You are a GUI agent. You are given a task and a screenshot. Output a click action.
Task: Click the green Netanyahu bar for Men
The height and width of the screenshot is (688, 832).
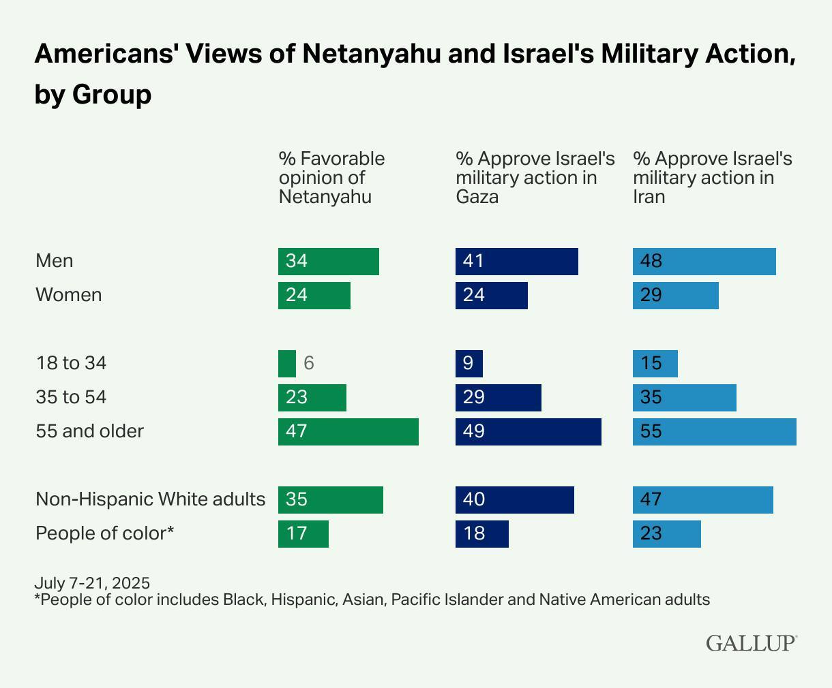329,262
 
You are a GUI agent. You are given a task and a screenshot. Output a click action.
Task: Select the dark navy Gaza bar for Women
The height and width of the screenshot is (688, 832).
492,296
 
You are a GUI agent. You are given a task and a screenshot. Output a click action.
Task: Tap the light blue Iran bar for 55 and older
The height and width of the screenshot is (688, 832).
715,432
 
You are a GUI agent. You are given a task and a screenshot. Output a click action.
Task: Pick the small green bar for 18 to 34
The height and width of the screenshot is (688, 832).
287,364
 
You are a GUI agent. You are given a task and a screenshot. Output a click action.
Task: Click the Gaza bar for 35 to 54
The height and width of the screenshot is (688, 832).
499,398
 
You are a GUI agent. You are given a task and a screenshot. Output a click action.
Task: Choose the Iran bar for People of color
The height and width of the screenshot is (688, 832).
667,534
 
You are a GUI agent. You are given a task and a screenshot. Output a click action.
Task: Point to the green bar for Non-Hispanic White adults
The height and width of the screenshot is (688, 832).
331,500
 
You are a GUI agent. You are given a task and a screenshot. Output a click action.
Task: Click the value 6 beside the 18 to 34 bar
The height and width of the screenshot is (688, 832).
309,363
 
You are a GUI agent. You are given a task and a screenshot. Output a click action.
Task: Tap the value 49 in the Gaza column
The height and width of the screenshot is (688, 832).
473,431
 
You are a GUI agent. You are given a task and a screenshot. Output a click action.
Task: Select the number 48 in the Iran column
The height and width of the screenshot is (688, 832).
651,261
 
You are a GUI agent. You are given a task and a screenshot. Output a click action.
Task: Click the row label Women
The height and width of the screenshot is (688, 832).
69,295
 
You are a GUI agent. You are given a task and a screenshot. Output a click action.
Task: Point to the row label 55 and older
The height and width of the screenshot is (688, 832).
90,431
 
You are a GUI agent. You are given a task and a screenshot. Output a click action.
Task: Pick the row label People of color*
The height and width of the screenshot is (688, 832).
105,533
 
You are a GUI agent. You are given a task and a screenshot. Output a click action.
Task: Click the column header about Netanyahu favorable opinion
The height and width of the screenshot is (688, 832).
331,178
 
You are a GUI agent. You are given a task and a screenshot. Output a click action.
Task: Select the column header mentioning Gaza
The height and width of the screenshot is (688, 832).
535,178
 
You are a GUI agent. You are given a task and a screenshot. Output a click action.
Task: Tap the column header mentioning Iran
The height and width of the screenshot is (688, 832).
712,178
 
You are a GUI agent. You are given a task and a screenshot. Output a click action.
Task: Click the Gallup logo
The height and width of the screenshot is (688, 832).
752,643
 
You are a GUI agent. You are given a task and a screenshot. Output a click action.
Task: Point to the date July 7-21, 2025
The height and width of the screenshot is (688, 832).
92,583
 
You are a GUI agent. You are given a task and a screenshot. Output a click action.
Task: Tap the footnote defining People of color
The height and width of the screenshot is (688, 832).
372,599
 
